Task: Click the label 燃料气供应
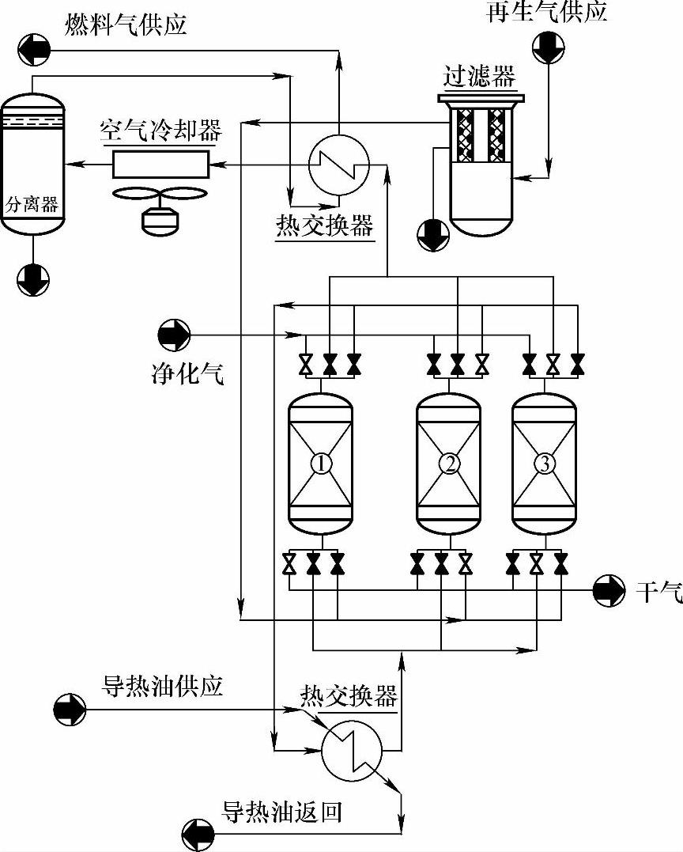(126, 25)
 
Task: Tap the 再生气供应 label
(547, 12)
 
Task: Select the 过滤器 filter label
(479, 78)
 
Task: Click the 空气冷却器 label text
(160, 131)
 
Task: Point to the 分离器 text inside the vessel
(32, 204)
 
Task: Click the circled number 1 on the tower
(321, 464)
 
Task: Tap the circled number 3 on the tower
(545, 464)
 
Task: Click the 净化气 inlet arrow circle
(174, 335)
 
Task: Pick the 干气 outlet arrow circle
(609, 590)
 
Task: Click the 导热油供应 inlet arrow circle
(70, 709)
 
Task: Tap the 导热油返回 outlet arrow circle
(198, 835)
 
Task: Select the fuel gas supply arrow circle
(34, 50)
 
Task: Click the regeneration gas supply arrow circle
(549, 47)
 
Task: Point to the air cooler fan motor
(160, 220)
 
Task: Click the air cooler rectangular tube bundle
(160, 164)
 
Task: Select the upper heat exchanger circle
(339, 164)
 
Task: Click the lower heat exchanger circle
(352, 751)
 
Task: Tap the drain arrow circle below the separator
(33, 280)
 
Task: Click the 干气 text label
(659, 591)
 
